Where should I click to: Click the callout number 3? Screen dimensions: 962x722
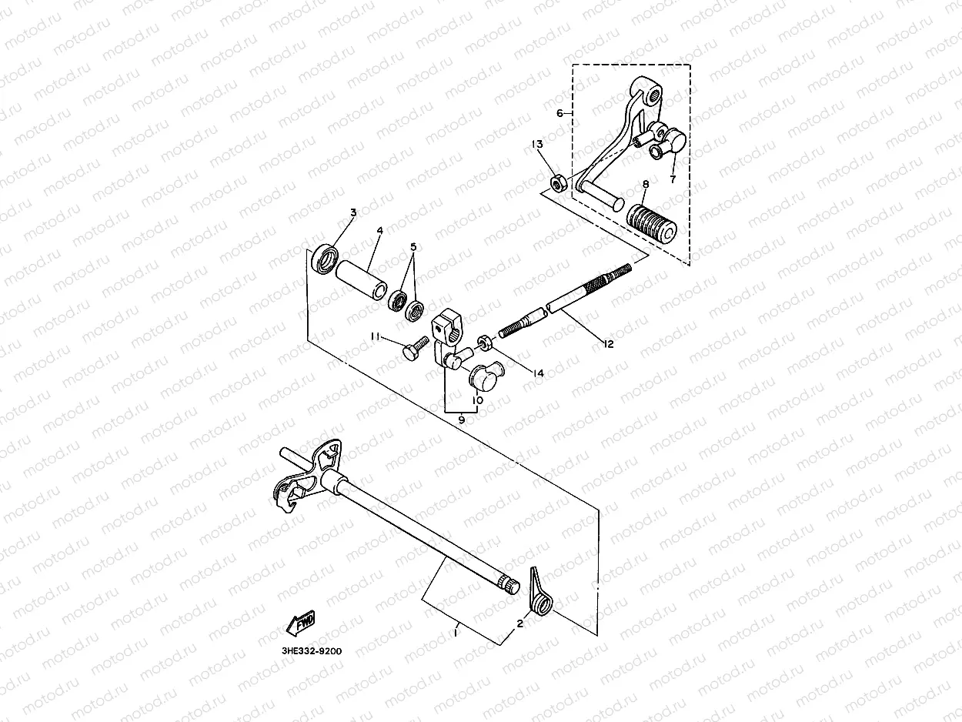tap(353, 212)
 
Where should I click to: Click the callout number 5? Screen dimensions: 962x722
tap(413, 247)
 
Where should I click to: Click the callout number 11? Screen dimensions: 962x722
tap(375, 336)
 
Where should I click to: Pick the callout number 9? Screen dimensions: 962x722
tap(461, 420)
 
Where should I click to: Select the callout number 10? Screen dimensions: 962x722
tap(477, 400)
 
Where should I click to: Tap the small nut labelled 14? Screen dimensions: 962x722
tap(485, 341)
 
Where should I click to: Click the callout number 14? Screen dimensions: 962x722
tap(538, 373)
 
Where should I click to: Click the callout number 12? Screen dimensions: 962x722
tap(609, 344)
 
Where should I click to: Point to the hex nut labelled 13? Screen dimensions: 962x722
tap(560, 182)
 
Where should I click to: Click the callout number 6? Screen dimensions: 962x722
tap(559, 113)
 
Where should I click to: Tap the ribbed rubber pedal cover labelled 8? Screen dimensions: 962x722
tap(652, 219)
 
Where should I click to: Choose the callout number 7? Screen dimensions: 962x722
tap(672, 179)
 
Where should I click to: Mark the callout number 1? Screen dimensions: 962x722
tap(456, 633)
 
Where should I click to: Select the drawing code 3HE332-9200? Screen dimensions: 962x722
tap(312, 651)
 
